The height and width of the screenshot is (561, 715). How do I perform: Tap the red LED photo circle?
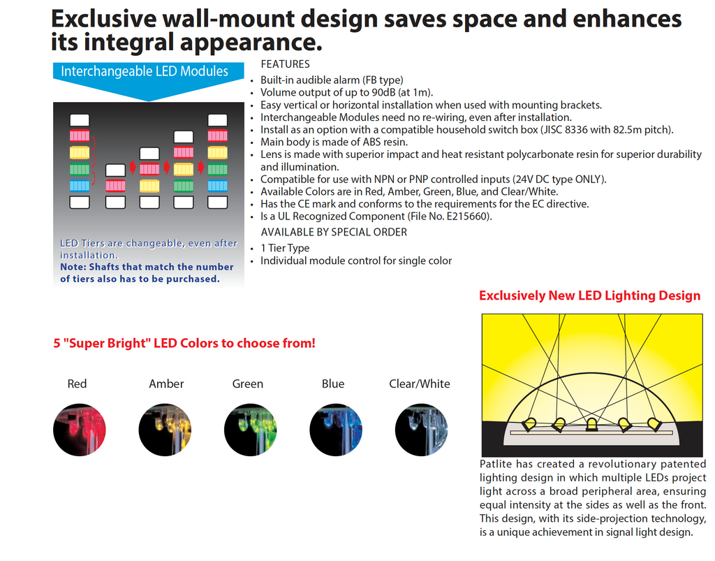[80, 430]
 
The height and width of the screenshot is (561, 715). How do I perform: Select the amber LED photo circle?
[165, 430]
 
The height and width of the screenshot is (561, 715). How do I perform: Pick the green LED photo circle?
[251, 430]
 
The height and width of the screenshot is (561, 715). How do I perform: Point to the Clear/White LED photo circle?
[421, 430]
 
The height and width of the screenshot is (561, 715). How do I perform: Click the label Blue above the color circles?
[333, 384]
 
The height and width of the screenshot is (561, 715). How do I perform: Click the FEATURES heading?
[285, 64]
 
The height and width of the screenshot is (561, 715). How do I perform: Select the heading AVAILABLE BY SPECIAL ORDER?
[334, 232]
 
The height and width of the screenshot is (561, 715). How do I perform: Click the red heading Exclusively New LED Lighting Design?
[589, 296]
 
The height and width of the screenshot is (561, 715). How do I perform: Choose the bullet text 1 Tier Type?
[285, 248]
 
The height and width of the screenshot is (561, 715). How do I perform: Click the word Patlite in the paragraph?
[496, 464]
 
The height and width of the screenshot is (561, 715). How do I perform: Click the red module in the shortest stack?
[115, 186]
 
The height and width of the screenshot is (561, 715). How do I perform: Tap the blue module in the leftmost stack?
[80, 186]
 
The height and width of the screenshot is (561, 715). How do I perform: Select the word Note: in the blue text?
[73, 267]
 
